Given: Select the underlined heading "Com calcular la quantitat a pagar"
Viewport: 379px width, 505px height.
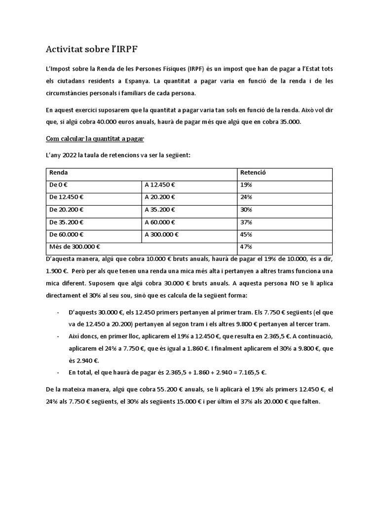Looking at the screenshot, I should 95,138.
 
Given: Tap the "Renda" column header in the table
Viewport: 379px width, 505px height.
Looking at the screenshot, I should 59,173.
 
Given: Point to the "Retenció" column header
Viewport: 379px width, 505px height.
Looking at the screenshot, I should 253,173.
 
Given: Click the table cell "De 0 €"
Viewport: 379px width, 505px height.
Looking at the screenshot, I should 60,185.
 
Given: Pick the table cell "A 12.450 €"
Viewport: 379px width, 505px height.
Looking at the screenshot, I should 161,185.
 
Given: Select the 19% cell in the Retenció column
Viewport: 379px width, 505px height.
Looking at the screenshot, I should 246,185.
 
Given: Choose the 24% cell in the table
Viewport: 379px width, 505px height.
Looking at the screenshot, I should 246,198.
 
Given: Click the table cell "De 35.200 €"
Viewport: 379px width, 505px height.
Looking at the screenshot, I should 67,222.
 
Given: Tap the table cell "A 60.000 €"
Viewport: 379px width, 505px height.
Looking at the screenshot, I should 161,222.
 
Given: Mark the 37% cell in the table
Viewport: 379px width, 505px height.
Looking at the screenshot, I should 246,222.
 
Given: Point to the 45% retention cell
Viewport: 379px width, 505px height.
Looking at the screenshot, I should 246,235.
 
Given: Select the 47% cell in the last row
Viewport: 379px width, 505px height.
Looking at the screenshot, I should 246,247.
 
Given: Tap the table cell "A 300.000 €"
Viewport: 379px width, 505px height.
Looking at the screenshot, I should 162,235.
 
